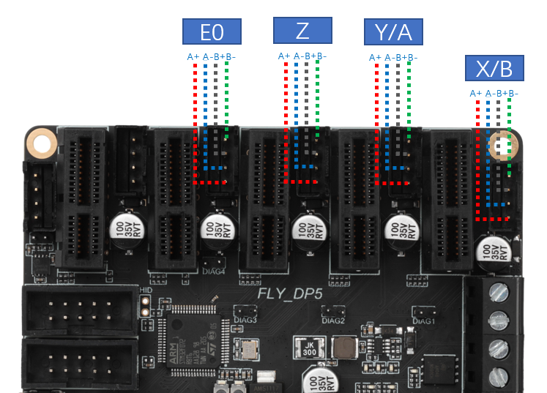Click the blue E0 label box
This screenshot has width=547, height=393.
211,31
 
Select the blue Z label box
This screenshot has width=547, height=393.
302,31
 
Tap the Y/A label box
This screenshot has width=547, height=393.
393,31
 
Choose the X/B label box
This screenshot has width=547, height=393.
494,69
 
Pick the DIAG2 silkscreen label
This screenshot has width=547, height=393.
332,320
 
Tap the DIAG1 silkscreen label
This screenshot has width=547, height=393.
424,320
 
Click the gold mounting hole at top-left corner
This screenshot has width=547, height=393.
42,143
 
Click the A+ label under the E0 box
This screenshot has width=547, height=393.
193,56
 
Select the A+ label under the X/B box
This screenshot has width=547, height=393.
475,93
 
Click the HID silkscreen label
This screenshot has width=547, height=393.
145,291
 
